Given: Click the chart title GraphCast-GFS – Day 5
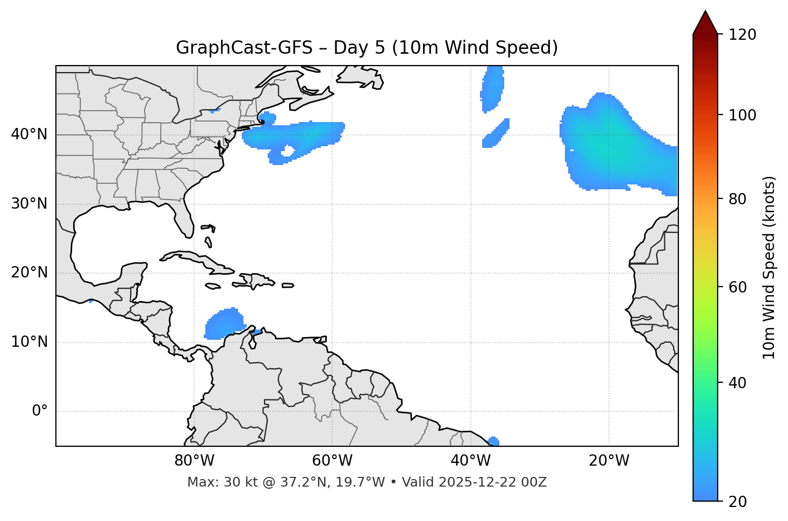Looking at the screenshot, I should click(x=367, y=48).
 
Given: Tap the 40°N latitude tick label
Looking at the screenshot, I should click(x=29, y=134).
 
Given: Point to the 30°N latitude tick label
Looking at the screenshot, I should click(x=29, y=204).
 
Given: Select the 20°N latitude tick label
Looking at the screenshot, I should click(x=29, y=273).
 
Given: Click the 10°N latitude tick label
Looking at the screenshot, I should click(x=29, y=342).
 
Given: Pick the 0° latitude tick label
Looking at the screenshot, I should click(x=40, y=411).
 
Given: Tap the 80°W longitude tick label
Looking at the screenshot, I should click(x=194, y=461).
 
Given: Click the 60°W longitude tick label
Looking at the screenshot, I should click(x=332, y=461).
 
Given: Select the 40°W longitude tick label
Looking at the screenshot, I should click(x=470, y=461).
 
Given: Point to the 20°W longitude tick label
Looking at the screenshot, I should click(x=608, y=461).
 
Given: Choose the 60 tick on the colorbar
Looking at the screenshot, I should click(x=739, y=287).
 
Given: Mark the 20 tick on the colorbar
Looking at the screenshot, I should click(x=739, y=502).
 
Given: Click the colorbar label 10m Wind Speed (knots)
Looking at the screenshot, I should click(x=769, y=267).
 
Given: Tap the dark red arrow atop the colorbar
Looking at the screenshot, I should click(x=705, y=23).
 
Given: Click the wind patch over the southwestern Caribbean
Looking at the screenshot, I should click(x=223, y=324).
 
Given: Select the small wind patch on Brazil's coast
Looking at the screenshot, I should click(x=493, y=441).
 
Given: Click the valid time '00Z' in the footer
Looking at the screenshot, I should click(x=535, y=482).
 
